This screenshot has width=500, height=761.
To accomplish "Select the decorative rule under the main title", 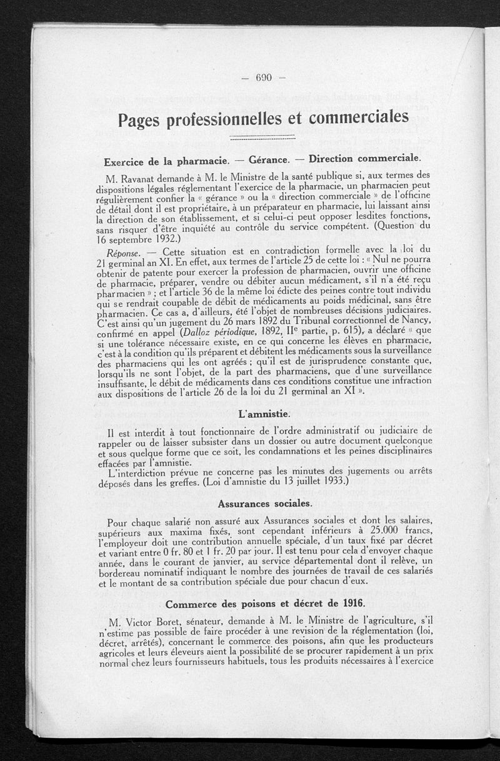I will point(262,137).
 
